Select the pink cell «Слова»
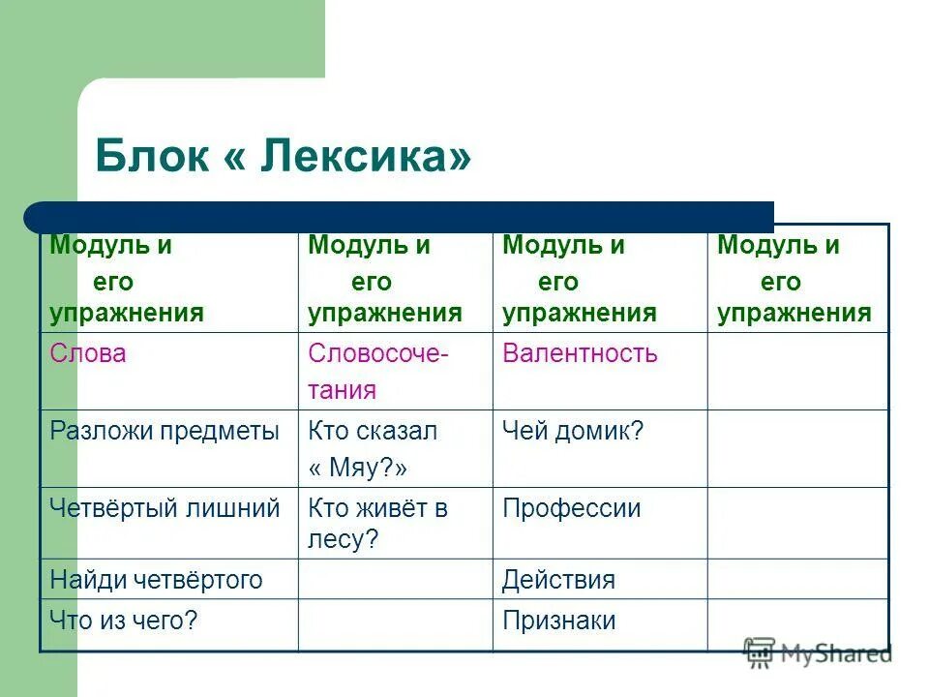click(x=88, y=354)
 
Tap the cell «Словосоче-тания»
click(x=377, y=372)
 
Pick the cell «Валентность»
click(x=580, y=354)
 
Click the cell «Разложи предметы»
click(x=164, y=432)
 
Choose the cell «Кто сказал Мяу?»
click(x=373, y=449)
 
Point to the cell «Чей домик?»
click(x=572, y=432)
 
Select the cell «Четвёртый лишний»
click(x=165, y=508)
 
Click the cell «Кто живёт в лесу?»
click(x=377, y=524)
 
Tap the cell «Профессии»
click(x=571, y=508)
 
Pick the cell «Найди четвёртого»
click(x=156, y=580)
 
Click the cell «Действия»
click(x=558, y=580)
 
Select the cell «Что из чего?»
click(x=124, y=621)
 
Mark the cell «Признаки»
click(x=558, y=621)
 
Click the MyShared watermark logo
click(x=818, y=653)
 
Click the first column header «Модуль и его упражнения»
click(x=127, y=280)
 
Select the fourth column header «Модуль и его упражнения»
click(x=794, y=280)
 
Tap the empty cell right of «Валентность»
click(x=796, y=372)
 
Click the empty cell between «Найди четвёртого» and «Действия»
click(x=395, y=580)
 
